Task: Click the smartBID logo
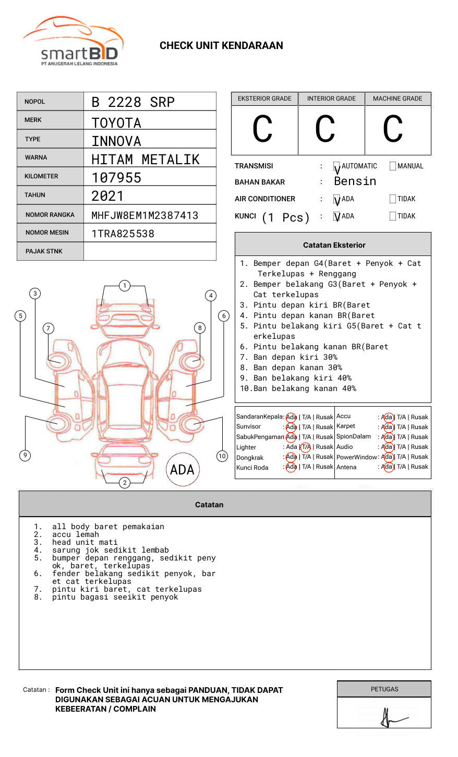pos(73,42)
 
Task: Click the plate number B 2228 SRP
pos(132,102)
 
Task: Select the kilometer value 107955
pos(116,178)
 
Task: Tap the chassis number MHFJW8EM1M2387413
pos(144,215)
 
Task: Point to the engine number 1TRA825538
pos(123,234)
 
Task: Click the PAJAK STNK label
pos(44,251)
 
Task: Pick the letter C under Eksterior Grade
pos(262,129)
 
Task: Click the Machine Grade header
pos(397,99)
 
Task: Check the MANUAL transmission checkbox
pos(393,166)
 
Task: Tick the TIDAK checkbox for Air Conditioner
pos(393,199)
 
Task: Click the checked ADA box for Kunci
pos(337,216)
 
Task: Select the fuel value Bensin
pos(355,181)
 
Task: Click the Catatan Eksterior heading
pos(334,245)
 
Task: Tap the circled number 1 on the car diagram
pos(124,286)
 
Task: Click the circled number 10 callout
pos(222,456)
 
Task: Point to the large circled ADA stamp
pos(182,470)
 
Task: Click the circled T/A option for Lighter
pos(306,447)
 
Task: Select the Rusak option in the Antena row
pos(419,467)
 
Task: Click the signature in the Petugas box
pos(391,718)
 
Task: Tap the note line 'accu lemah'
pos(75,534)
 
